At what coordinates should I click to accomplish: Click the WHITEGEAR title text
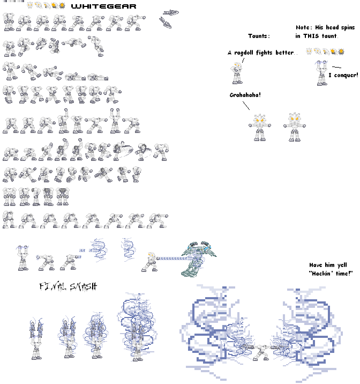point(103,6)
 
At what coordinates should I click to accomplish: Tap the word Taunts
point(259,36)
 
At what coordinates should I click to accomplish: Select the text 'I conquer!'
point(343,75)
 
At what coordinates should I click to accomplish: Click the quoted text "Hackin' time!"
point(331,274)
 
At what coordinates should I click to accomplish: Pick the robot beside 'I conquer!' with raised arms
point(321,73)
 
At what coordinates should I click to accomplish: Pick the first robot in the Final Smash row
point(38,338)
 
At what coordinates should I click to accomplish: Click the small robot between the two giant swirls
point(262,350)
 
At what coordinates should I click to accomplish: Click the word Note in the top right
point(304,27)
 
